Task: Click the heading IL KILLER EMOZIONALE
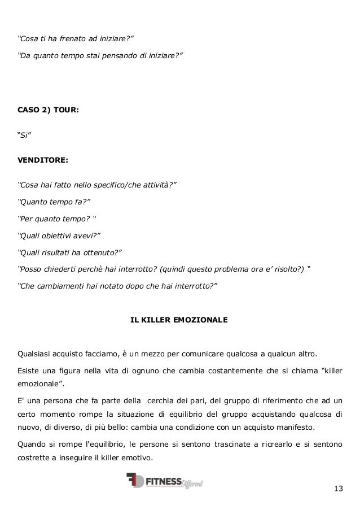tap(179, 320)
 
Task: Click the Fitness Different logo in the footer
tap(165, 481)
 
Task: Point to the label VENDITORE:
tap(43, 160)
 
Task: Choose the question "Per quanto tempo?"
tap(54, 219)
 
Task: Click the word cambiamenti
tap(60, 286)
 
